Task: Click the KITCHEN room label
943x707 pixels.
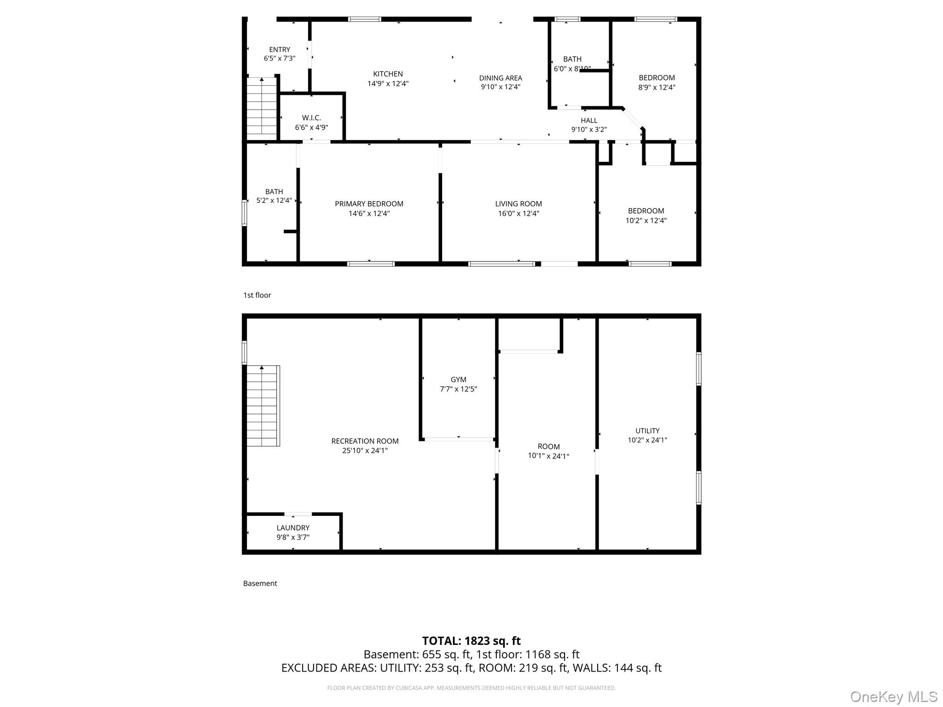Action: click(388, 74)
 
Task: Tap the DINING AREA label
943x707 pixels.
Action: click(500, 78)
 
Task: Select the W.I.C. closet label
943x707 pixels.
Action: click(311, 118)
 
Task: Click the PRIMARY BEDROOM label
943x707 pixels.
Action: click(369, 203)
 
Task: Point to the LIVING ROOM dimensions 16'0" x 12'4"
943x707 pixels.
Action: click(518, 213)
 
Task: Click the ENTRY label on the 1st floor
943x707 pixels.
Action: click(279, 49)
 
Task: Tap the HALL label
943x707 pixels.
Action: click(589, 121)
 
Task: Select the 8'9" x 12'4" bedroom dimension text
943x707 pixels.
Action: click(657, 87)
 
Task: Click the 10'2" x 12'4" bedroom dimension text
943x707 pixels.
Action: click(646, 220)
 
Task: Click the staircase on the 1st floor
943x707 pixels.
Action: click(262, 107)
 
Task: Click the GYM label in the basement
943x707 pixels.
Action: click(458, 379)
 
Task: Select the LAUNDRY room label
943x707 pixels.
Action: click(293, 527)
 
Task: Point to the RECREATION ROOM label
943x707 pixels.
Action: click(365, 441)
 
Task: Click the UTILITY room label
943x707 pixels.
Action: click(647, 430)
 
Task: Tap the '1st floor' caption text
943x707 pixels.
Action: click(257, 295)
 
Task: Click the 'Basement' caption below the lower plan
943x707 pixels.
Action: click(260, 583)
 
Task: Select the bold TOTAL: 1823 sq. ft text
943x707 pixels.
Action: click(471, 640)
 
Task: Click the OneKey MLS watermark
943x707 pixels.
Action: click(893, 696)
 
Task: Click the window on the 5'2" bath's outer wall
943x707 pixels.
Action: click(244, 213)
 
